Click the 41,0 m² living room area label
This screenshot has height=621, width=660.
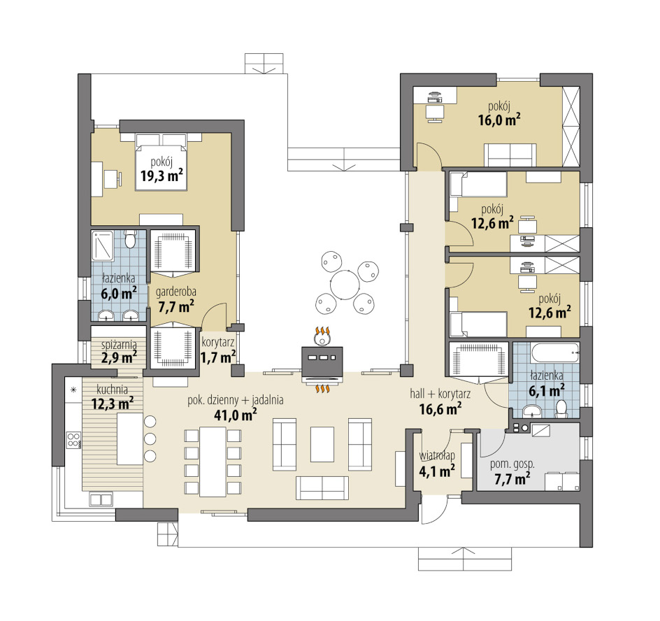click(236, 415)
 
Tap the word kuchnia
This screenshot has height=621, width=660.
click(113, 389)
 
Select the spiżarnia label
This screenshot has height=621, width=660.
click(119, 345)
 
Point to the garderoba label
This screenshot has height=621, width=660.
click(176, 292)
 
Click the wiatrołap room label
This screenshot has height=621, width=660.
click(437, 456)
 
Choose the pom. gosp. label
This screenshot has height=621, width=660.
click(512, 465)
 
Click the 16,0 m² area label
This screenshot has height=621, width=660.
click(498, 120)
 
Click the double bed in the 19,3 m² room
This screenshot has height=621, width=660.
click(161, 162)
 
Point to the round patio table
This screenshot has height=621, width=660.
click(345, 284)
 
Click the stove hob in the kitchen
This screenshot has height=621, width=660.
click(73, 439)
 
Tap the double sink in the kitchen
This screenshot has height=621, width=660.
click(101, 499)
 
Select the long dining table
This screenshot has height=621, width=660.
click(213, 462)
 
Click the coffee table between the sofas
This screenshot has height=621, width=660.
click(322, 444)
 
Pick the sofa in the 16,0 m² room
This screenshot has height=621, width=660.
click(510, 155)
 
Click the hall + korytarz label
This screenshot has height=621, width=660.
click(440, 394)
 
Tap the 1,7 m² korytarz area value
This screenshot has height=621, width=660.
click(217, 357)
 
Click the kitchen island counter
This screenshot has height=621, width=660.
click(130, 439)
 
